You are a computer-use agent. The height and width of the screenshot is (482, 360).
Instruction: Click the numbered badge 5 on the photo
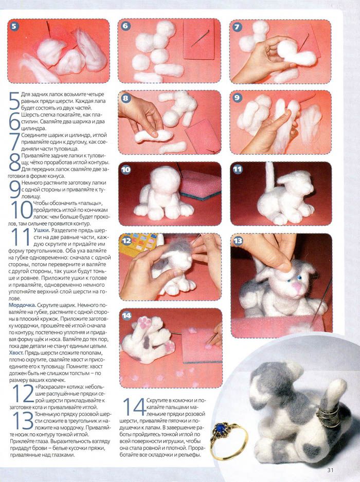click(14, 26)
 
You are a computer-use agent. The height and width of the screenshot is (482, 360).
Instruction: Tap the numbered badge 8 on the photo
click(125, 98)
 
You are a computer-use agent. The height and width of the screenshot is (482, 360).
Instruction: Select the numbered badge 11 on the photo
click(238, 170)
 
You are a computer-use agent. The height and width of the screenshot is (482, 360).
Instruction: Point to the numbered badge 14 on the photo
click(127, 316)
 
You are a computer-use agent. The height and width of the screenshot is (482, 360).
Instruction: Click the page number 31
click(330, 470)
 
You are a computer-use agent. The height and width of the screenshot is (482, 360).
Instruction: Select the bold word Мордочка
click(22, 305)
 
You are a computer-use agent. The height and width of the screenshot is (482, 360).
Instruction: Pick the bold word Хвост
click(16, 353)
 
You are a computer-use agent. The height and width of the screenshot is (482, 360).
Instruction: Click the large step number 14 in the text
click(134, 407)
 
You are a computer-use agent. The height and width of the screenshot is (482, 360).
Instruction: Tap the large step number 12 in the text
click(23, 394)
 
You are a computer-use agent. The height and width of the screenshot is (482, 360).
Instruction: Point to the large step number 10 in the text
click(22, 210)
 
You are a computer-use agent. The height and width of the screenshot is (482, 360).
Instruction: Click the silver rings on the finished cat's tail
click(327, 417)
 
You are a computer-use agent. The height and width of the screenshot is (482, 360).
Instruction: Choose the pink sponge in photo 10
click(200, 184)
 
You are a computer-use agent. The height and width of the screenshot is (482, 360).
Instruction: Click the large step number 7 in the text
click(14, 142)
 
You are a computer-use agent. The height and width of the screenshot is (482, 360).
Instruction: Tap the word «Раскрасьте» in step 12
click(49, 387)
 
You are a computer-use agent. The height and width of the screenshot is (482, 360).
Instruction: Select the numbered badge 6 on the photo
click(125, 26)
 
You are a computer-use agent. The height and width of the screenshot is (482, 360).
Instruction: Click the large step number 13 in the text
click(23, 420)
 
